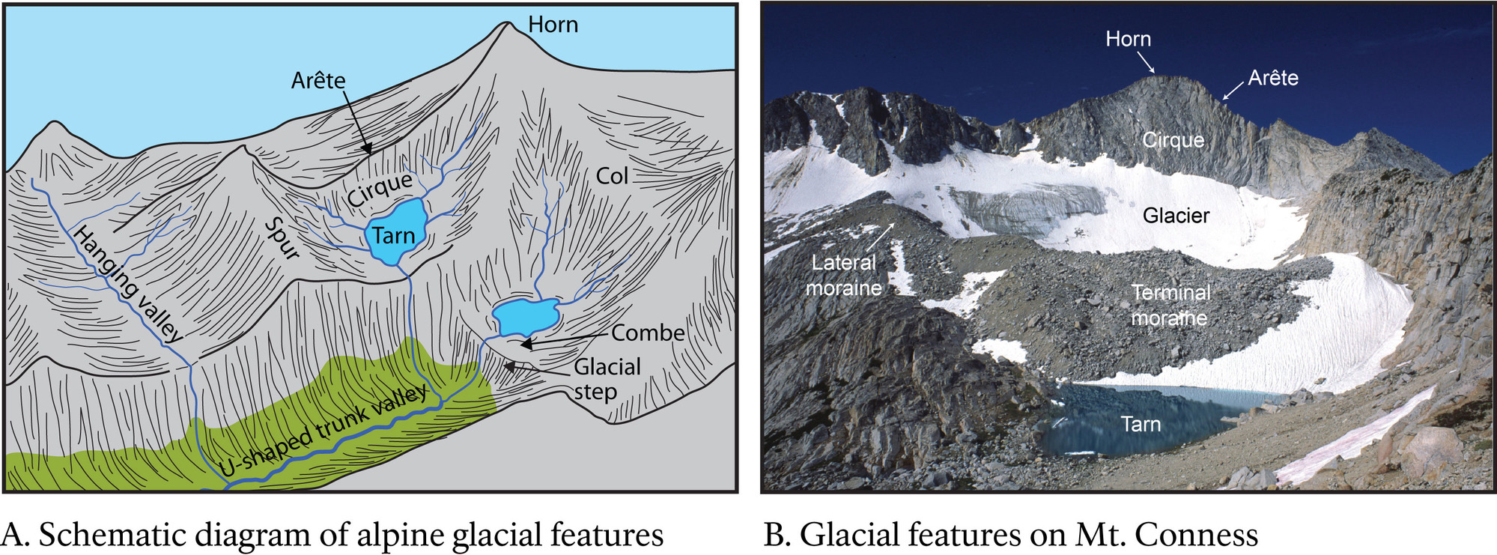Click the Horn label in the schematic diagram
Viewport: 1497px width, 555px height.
coord(553,25)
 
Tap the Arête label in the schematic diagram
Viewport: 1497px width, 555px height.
coord(318,80)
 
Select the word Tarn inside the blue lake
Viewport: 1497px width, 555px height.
coord(393,236)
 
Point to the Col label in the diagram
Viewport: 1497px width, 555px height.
coord(612,176)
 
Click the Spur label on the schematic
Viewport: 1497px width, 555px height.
coord(283,239)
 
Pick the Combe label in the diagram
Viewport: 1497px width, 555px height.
coord(648,333)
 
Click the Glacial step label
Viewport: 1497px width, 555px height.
coord(606,379)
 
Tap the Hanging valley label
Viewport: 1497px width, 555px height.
coord(127,284)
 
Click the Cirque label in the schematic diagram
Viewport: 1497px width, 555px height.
coord(380,189)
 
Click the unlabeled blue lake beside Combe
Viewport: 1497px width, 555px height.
coord(526,316)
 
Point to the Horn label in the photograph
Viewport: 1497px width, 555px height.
coord(1128,39)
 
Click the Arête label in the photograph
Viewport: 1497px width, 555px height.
coord(1273,78)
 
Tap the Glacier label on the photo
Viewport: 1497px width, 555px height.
coord(1176,216)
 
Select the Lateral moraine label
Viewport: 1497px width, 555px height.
coord(844,275)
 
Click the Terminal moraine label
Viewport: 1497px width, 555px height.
coord(1170,305)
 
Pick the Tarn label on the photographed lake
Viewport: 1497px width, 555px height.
coord(1141,425)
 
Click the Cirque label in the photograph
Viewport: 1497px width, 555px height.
coord(1173,140)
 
